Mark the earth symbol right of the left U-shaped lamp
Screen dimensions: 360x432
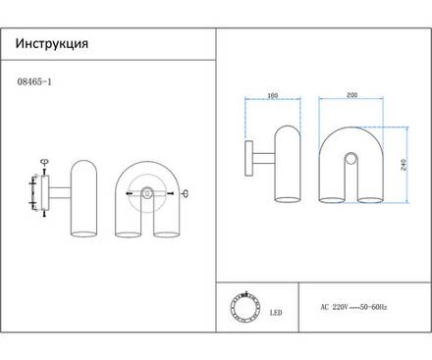[186, 194]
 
